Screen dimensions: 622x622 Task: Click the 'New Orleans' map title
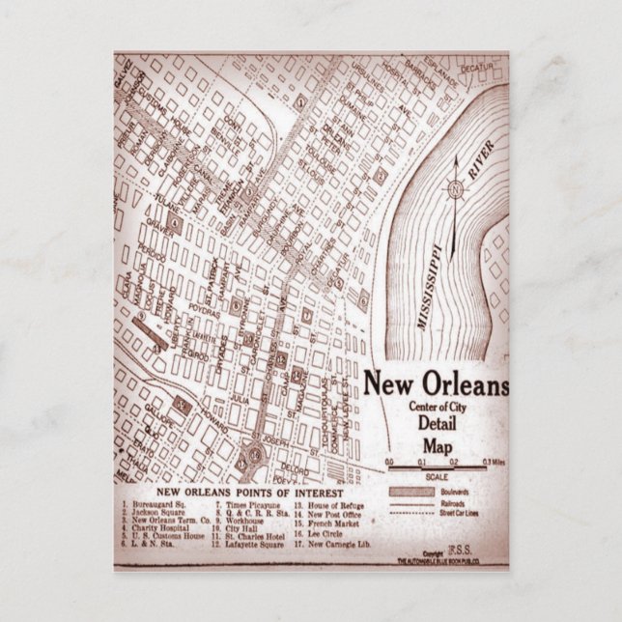coord(435,383)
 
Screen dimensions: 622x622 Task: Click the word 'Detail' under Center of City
coord(437,425)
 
